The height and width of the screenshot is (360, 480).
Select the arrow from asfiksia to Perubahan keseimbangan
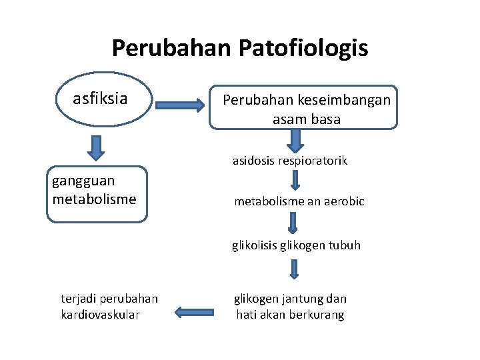(x=181, y=105)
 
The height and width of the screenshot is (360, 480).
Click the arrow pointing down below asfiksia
(x=97, y=147)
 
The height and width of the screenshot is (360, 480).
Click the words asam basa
(x=306, y=120)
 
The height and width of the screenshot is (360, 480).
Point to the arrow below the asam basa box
(x=295, y=140)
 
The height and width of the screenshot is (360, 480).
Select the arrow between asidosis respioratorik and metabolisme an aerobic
(x=295, y=181)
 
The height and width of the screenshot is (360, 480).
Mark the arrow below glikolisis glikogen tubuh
(x=294, y=269)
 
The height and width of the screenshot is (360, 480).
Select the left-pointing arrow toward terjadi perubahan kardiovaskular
(x=194, y=311)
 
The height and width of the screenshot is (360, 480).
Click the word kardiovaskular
(x=100, y=315)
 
